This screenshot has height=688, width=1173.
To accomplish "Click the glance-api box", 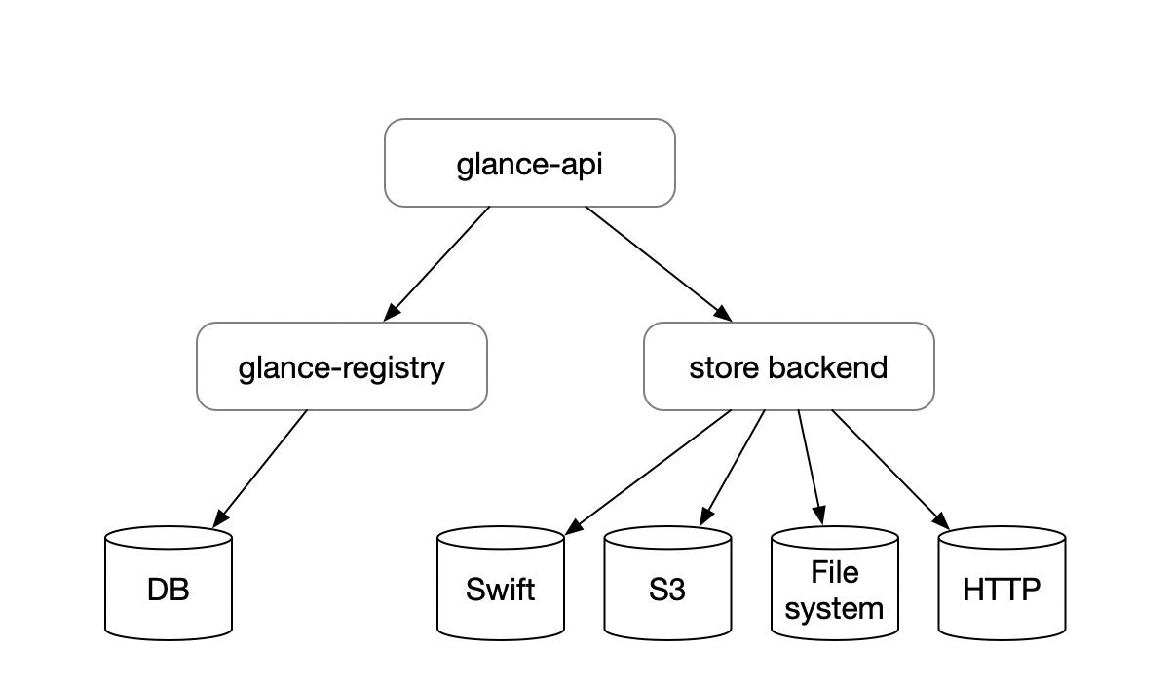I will pos(529,163).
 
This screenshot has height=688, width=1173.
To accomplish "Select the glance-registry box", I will pos(341,366).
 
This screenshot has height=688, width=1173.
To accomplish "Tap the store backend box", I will pos(788,366).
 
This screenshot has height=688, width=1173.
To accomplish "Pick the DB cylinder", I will pos(168,590).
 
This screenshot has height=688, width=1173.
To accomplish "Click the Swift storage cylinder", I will pos(500,590).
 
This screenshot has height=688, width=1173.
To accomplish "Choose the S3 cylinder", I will pos(666,590).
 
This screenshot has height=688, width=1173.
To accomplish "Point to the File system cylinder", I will pos(834,590).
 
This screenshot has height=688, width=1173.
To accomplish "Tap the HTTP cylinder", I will pos(1001,590).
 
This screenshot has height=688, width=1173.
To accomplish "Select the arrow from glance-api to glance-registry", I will pos(437,262).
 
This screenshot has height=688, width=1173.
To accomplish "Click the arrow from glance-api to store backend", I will pos(658,263).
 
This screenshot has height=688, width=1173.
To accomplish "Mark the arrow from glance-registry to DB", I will pos(261,467).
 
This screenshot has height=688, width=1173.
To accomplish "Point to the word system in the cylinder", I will pos(834,608).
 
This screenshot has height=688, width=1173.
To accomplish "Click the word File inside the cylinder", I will pos(834,571).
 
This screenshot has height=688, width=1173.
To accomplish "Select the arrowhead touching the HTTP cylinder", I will pos(943,522).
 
